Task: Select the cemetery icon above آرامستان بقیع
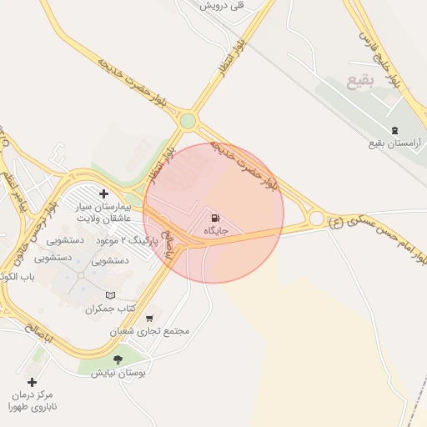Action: tap(394, 130)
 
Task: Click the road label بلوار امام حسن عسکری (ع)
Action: tap(375, 239)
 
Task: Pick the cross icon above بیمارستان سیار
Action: tap(103, 193)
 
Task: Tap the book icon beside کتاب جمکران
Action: tap(112, 295)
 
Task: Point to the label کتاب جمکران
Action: tap(109, 309)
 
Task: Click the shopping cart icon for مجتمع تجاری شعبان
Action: tap(149, 318)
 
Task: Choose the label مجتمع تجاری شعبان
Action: tap(150, 331)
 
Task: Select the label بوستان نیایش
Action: tap(118, 373)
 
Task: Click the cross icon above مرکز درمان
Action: tap(32, 382)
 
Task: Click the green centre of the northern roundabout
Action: tap(188, 121)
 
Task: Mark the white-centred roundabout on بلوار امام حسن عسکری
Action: tap(316, 219)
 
